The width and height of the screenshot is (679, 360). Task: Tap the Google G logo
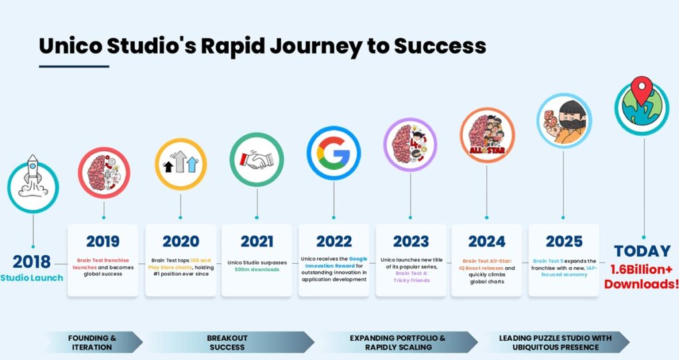point(334,153)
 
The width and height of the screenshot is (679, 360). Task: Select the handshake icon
point(257,160)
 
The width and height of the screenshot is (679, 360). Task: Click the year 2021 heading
point(257,241)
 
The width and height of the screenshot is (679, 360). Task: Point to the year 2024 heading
point(487,241)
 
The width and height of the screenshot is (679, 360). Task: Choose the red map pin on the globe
point(641,90)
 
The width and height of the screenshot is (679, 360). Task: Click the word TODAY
point(642,251)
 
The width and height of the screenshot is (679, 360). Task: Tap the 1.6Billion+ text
point(641,269)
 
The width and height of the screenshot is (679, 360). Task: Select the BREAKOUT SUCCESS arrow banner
point(228,342)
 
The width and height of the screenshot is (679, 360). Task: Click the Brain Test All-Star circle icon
point(487,135)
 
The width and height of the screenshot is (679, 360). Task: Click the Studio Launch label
point(32,278)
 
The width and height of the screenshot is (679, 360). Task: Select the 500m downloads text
point(257,269)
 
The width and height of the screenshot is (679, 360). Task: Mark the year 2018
point(31,262)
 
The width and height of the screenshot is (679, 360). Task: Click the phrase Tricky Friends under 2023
point(411,280)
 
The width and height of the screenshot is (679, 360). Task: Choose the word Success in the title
point(440,46)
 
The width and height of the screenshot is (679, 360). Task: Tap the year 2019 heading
point(103,241)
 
